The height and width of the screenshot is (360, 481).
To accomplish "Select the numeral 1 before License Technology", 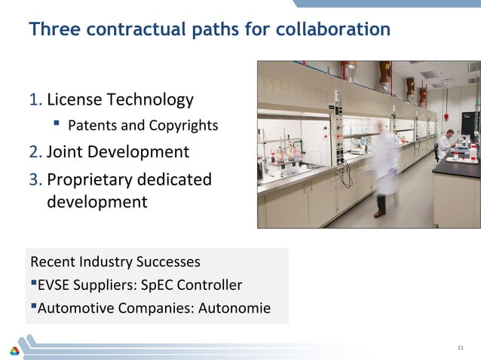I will (x=34, y=99).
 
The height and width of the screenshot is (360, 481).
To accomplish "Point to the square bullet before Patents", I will (x=57, y=124).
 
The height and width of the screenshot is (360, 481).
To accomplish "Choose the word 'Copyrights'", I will (x=186, y=125).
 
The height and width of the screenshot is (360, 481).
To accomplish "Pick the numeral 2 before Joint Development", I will (x=34, y=152).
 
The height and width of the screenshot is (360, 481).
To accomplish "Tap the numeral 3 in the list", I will (x=34, y=180).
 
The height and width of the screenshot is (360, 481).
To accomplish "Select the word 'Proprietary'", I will (x=95, y=180).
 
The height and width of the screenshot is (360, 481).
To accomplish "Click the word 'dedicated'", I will (x=179, y=180).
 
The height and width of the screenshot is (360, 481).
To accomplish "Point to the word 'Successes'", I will (x=168, y=262).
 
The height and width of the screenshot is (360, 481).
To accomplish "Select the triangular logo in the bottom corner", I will (x=14, y=350).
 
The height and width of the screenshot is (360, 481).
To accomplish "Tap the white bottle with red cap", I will (x=473, y=151).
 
